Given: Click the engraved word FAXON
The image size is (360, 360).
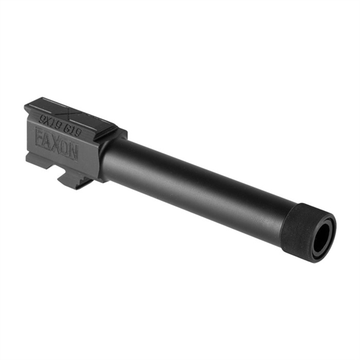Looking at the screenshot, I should coord(56,144).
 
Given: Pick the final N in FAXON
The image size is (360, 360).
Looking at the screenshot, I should coord(73,151).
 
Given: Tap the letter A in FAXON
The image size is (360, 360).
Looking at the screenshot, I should coord(48,141).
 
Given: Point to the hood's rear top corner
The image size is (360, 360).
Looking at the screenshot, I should coord(28,105).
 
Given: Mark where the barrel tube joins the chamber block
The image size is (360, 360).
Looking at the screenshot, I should coord(107,158).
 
